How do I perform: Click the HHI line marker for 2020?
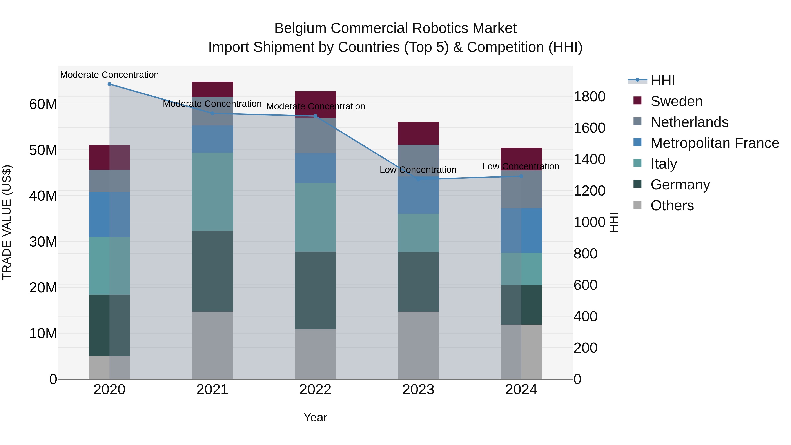tap(110, 84)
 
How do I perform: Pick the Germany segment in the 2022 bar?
tap(315, 290)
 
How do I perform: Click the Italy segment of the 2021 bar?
tap(212, 191)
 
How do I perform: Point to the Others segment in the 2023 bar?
tap(418, 345)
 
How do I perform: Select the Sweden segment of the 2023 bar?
tap(418, 133)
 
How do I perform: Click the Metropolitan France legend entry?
tap(715, 143)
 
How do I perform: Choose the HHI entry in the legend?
tap(663, 80)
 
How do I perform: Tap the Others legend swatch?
tap(637, 205)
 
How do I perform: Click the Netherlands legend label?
tap(689, 122)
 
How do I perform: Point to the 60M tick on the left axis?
tap(43, 104)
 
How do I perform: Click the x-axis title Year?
tap(315, 418)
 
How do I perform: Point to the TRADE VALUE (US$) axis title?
tap(7, 222)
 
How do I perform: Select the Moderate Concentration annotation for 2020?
tap(109, 75)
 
